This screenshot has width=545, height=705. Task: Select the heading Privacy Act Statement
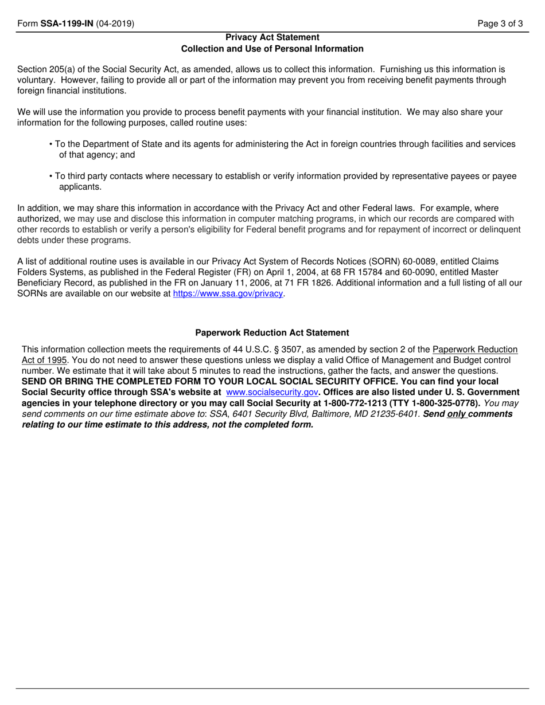[x=272, y=37]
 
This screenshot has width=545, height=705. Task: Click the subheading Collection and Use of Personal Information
[x=272, y=49]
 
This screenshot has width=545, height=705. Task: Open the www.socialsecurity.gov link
[x=272, y=392]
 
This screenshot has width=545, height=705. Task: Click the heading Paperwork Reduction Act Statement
[x=272, y=332]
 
